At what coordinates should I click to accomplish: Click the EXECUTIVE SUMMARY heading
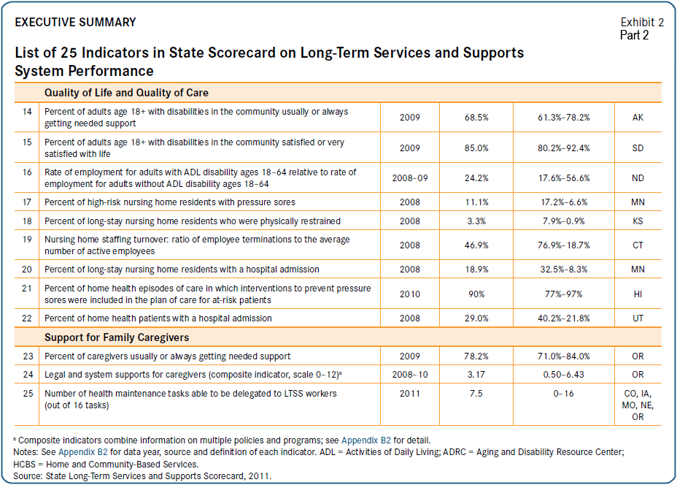tap(75, 23)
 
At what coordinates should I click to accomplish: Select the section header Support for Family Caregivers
tap(117, 337)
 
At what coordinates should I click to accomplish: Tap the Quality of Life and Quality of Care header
tap(126, 93)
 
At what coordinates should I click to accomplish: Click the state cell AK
tap(638, 118)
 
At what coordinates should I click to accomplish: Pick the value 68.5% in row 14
tap(477, 118)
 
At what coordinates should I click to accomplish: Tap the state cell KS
tap(638, 221)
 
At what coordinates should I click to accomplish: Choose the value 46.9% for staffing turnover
tap(477, 245)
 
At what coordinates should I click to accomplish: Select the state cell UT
tap(638, 318)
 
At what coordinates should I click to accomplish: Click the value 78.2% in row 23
tap(477, 356)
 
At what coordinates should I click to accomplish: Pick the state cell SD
tap(638, 148)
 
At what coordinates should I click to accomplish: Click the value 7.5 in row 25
tap(477, 394)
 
